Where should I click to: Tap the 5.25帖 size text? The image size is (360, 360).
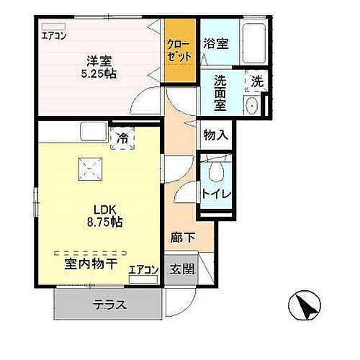point(99,74)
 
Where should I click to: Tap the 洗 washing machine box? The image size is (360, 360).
point(256,82)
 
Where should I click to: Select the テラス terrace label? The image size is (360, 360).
point(109,305)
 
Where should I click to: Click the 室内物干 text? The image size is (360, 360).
point(91,265)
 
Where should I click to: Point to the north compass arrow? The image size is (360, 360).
point(307,307)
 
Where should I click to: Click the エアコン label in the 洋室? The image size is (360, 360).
point(53,35)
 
